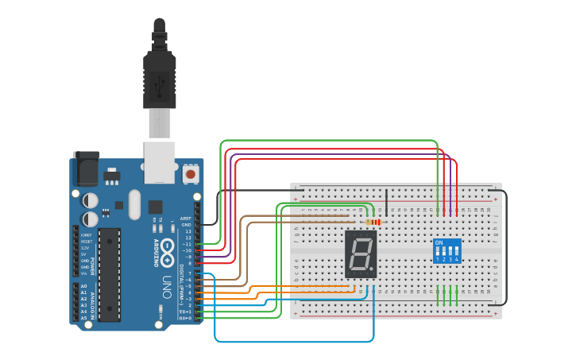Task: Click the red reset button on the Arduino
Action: pos(191,173)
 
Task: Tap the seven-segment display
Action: pos(361,254)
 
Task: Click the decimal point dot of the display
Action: pos(373,269)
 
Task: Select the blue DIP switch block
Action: pos(446,250)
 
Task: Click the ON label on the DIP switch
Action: pos(439,242)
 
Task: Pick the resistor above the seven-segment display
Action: pos(373,222)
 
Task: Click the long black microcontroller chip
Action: pos(110,274)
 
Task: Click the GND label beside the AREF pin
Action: pos(187,224)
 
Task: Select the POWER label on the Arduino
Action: pos(93,264)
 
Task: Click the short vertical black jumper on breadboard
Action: pos(387,203)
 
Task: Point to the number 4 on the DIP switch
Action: pos(456,259)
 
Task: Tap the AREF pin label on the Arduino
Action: pos(187,218)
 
